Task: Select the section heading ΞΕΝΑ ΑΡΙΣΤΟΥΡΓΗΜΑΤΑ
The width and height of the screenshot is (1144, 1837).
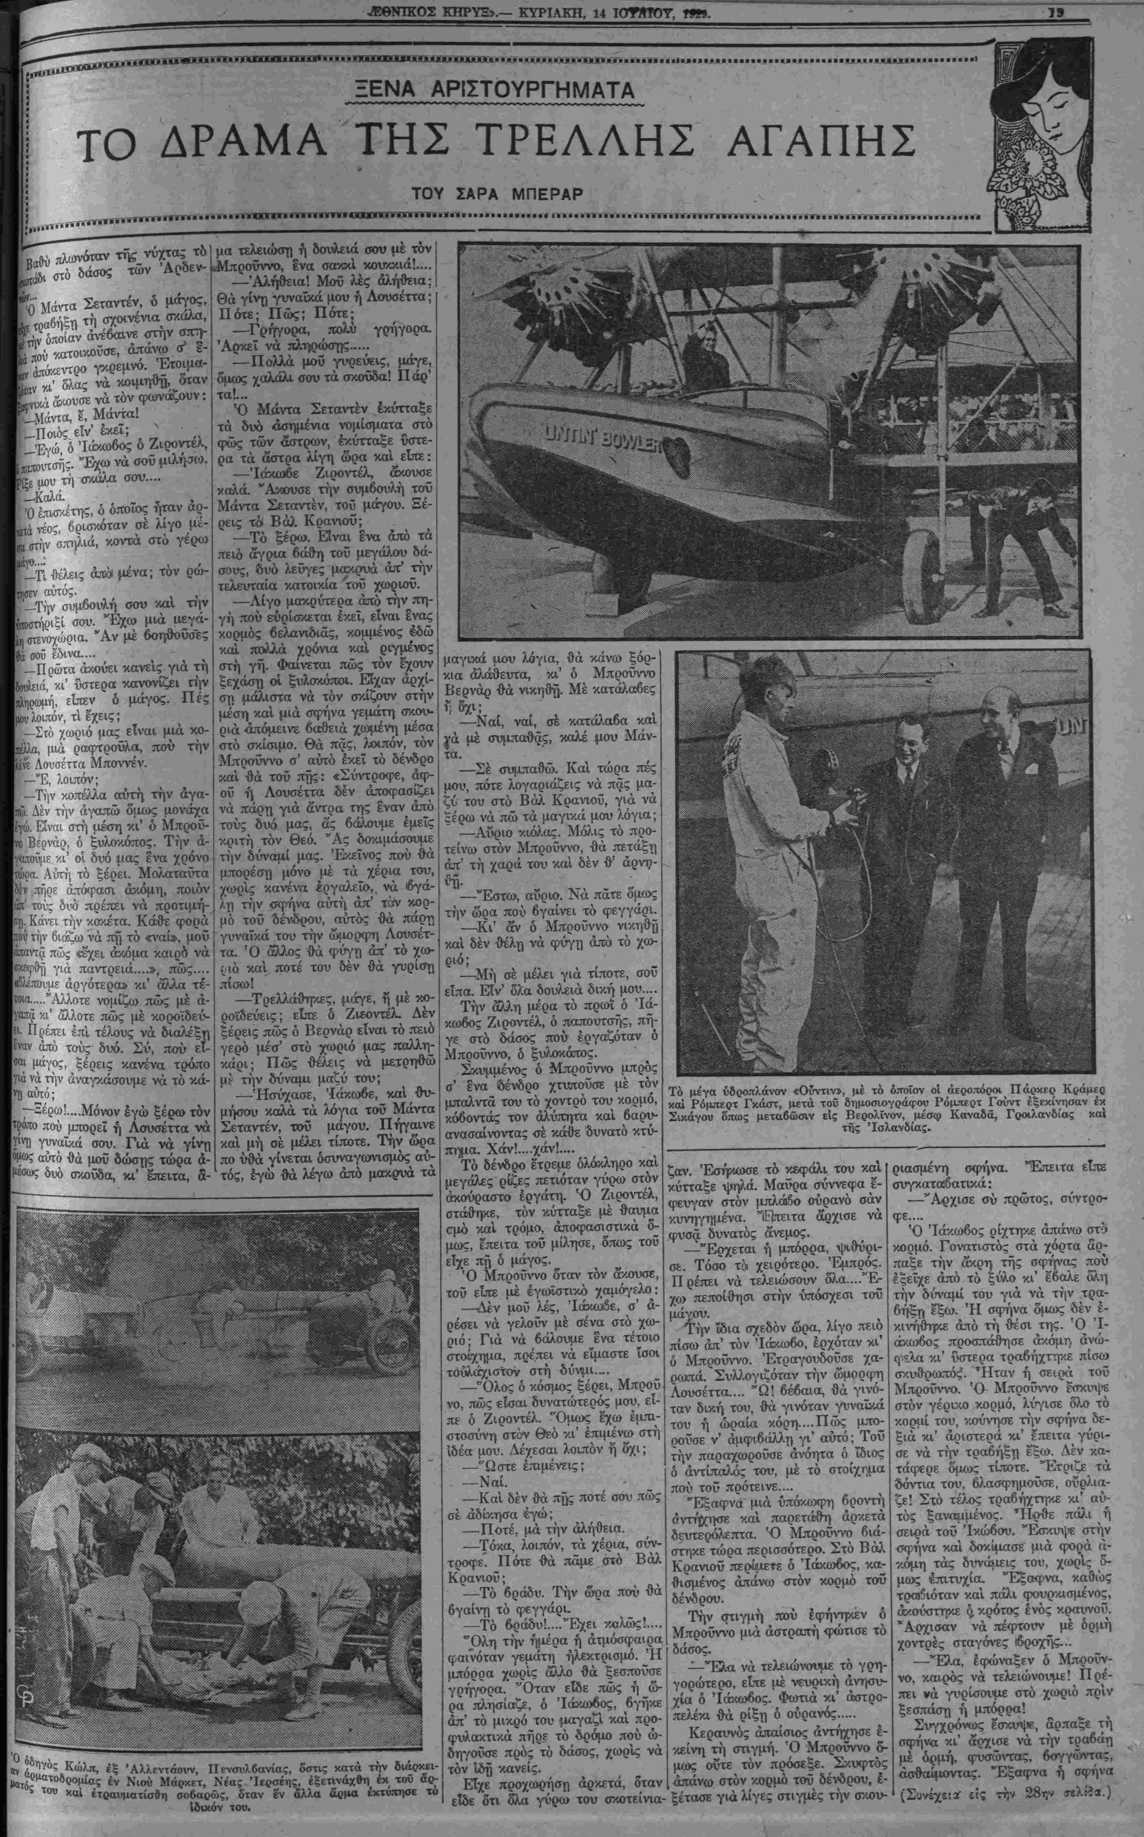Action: click(499, 91)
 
